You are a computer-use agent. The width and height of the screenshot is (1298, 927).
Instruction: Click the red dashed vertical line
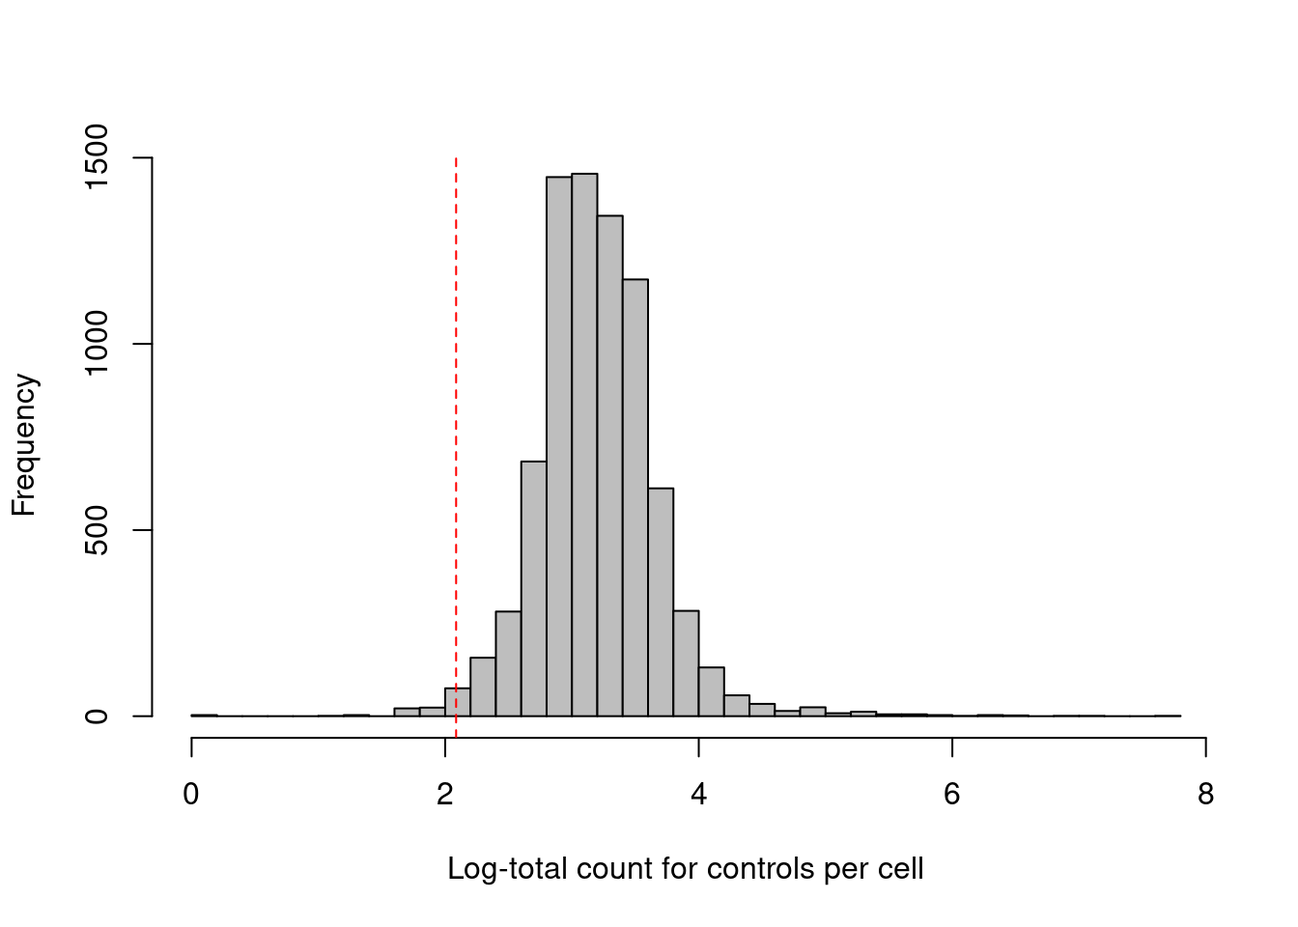(456, 386)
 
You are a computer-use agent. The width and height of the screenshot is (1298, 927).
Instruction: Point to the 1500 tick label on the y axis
(98, 157)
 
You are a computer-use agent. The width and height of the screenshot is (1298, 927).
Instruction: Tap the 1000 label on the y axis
(98, 344)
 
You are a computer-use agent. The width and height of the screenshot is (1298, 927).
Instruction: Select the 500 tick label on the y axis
(98, 530)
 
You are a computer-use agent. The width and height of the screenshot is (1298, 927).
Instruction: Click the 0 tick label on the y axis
(98, 716)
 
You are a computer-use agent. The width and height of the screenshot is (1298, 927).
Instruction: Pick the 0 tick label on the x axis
(191, 795)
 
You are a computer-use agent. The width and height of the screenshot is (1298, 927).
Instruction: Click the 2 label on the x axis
(445, 795)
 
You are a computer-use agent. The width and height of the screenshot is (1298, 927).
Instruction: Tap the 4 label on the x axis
(698, 795)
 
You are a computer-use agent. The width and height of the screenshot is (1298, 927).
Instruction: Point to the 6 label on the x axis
(952, 795)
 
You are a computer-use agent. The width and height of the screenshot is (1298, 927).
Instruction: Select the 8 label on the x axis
(1205, 795)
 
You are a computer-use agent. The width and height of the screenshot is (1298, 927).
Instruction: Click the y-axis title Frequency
(23, 445)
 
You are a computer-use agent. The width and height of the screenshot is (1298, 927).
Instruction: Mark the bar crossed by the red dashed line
(458, 703)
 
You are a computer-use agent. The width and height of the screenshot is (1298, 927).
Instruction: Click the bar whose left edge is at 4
(712, 692)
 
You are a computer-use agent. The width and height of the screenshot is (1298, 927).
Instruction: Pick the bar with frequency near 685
(534, 589)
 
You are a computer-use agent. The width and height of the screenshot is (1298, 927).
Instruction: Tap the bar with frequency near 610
(661, 603)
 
